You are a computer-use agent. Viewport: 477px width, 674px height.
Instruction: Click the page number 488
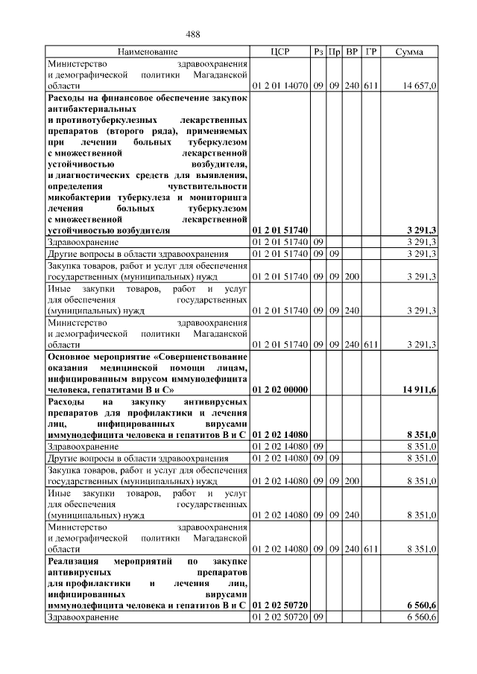point(192,34)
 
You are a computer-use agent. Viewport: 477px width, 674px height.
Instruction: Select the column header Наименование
point(148,52)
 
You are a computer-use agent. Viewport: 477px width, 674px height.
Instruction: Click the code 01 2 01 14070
point(280,86)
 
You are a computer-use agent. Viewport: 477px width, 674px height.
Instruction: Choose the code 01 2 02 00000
point(280,389)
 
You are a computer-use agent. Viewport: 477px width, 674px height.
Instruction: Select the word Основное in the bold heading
point(71,355)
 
